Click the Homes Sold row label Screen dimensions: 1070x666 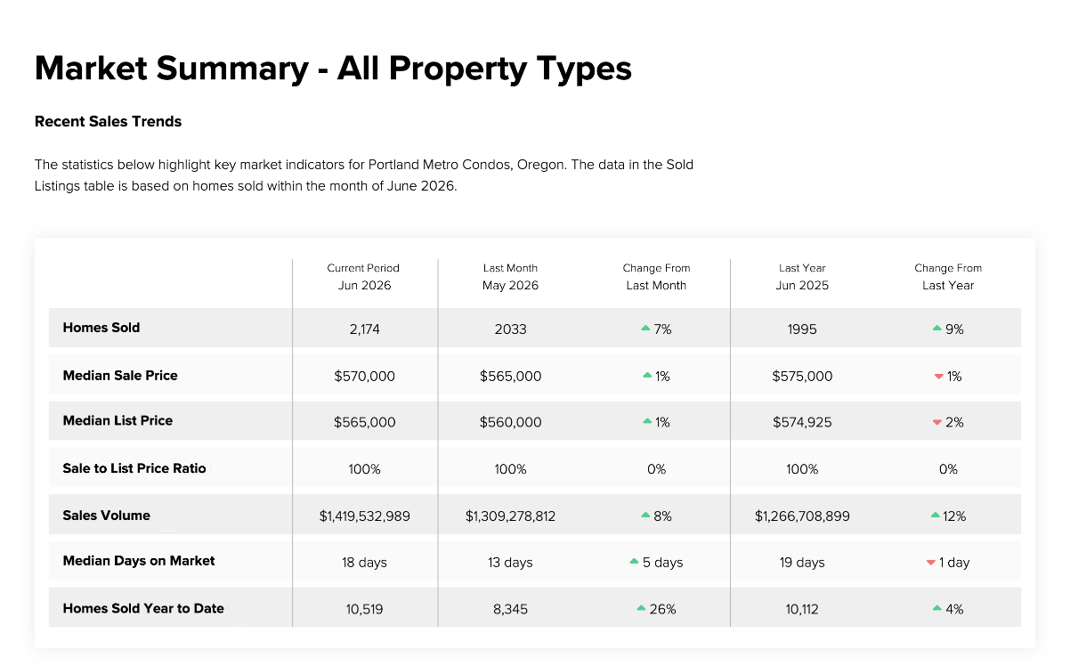101,328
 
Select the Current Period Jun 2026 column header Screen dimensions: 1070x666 363,277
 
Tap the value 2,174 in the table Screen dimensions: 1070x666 364,329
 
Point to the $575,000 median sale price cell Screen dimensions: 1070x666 802,377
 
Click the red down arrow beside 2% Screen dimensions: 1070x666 936,422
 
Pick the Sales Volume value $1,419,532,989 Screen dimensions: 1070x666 364,516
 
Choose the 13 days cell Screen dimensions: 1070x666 510,563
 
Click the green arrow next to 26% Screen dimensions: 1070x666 641,608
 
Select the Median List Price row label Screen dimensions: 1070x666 118,420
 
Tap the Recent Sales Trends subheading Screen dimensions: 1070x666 108,121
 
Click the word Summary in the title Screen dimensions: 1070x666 232,69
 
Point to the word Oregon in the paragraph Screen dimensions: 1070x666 542,165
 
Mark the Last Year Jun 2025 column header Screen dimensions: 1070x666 802,277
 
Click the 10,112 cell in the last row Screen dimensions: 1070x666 802,609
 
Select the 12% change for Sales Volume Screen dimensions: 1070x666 948,516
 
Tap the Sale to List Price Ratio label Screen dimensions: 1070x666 134,468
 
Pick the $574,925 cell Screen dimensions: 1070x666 802,422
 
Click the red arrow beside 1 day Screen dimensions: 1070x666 930,563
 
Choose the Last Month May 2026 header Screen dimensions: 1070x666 510,277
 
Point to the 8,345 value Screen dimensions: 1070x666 510,609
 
